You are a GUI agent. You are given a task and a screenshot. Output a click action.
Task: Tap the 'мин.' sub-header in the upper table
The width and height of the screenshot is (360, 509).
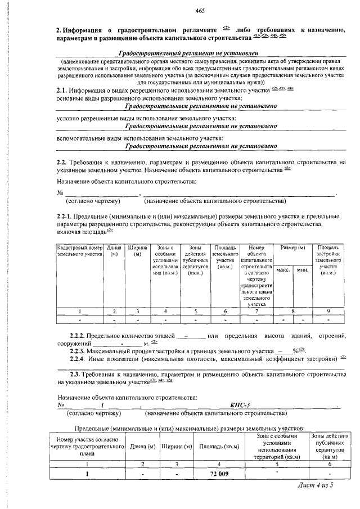(x=301, y=271)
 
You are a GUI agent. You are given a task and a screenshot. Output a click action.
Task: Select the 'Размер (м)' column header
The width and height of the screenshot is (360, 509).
(x=292, y=248)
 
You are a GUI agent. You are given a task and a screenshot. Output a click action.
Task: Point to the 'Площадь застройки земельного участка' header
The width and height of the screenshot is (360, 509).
(x=327, y=260)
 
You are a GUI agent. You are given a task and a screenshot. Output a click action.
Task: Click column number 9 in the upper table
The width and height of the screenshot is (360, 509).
(x=327, y=310)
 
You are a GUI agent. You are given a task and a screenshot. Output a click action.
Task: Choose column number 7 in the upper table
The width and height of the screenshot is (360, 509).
(x=256, y=310)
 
